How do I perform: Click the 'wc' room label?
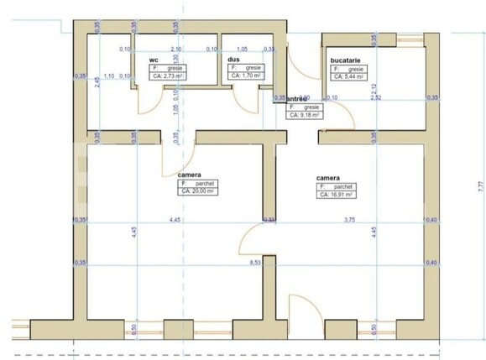click(154, 60)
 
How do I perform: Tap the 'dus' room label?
click(233, 60)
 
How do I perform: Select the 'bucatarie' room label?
click(345, 60)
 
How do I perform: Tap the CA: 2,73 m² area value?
click(168, 76)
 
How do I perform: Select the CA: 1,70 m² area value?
click(245, 76)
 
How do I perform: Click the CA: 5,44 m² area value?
click(349, 76)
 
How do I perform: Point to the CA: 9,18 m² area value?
click(304, 115)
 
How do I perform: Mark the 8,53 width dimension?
click(254, 263)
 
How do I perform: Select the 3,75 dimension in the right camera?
click(351, 220)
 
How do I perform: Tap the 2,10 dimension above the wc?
click(176, 50)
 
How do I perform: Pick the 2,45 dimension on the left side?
click(97, 82)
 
